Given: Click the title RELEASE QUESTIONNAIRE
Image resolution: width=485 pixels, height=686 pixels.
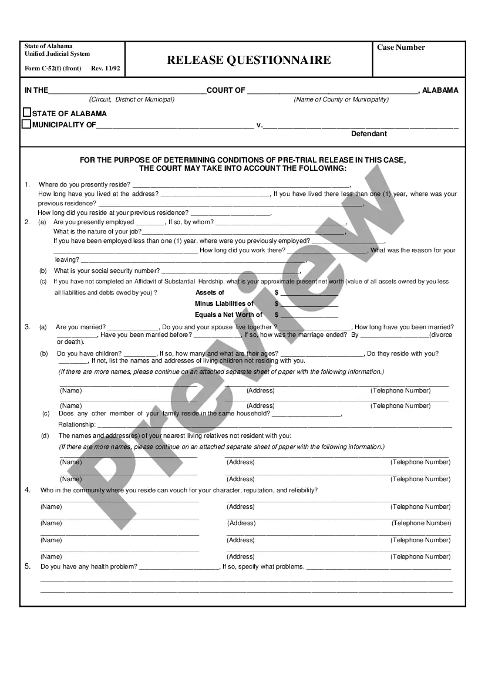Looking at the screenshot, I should point(248,60).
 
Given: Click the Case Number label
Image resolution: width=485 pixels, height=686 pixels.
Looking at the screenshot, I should point(401,48).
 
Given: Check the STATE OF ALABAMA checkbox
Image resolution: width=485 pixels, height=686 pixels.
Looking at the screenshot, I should point(26,113).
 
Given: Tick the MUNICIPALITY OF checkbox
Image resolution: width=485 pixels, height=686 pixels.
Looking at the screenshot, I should point(26,124).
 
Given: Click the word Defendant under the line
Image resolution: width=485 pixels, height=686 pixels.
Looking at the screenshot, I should point(369,134).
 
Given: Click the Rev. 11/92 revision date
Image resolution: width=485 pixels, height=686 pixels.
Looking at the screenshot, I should point(106,69).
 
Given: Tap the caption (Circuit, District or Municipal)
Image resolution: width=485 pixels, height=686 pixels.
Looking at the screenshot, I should point(132,100).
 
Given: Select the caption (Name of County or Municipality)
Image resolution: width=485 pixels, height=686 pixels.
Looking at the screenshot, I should point(341,100).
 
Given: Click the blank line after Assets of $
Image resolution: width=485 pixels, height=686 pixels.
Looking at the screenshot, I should point(309,292).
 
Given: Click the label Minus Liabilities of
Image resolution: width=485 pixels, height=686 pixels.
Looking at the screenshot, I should point(224,303).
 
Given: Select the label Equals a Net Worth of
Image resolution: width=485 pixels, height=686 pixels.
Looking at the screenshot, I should point(228,315).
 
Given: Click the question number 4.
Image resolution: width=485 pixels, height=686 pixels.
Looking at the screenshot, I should point(27,490).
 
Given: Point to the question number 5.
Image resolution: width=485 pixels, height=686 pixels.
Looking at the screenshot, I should point(27,566).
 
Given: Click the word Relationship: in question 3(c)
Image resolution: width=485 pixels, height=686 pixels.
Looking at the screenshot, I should point(76,424).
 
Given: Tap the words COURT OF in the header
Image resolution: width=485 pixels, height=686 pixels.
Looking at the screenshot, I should point(226,90).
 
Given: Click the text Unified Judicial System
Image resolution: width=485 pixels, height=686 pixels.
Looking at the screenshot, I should point(57,54).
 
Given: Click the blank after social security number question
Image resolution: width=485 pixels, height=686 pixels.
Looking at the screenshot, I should point(230,271).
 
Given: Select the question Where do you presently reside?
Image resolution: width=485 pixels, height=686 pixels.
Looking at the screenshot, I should point(85,184).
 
